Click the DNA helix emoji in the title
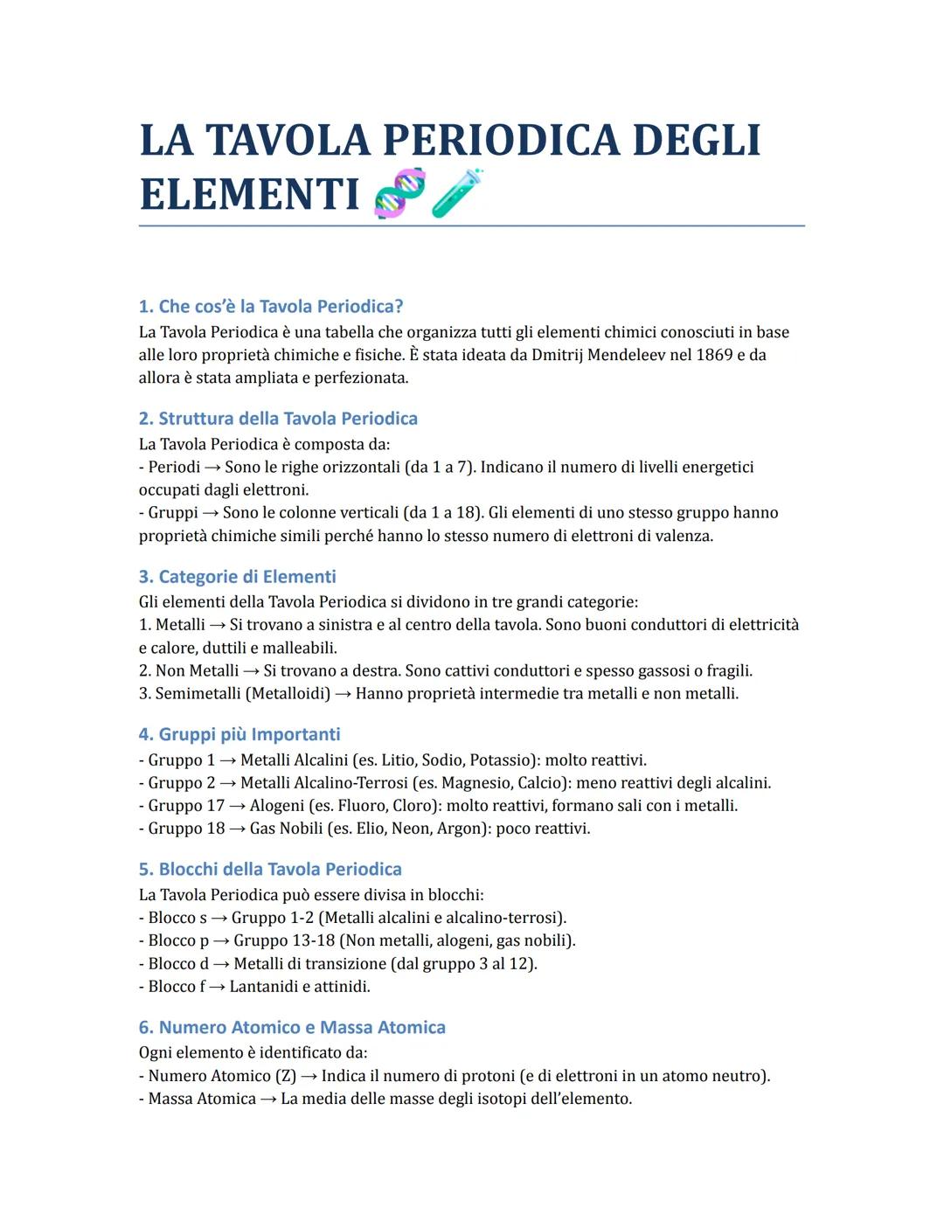(399, 193)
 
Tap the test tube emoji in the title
(457, 193)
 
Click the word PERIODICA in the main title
(498, 141)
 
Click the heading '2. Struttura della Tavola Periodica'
(278, 419)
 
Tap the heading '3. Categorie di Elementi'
(237, 577)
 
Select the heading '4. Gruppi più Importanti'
(239, 735)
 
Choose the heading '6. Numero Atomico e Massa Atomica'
(292, 1028)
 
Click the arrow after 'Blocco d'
(221, 964)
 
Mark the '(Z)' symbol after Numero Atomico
(286, 1076)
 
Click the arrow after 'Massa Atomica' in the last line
(268, 1099)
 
